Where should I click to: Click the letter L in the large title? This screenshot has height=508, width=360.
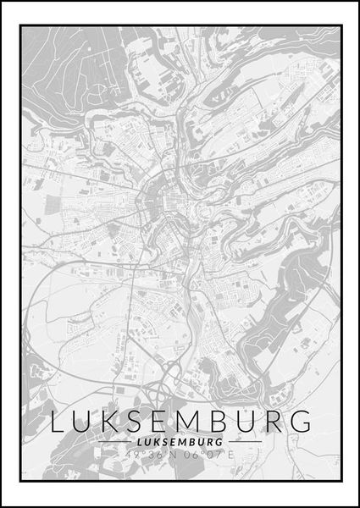[58, 421]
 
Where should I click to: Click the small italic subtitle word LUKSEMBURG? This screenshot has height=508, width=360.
[180, 441]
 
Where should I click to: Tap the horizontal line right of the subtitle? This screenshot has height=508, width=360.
[245, 441]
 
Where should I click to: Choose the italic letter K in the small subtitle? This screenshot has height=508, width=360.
[156, 441]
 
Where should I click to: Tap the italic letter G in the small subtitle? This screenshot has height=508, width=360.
[220, 441]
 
